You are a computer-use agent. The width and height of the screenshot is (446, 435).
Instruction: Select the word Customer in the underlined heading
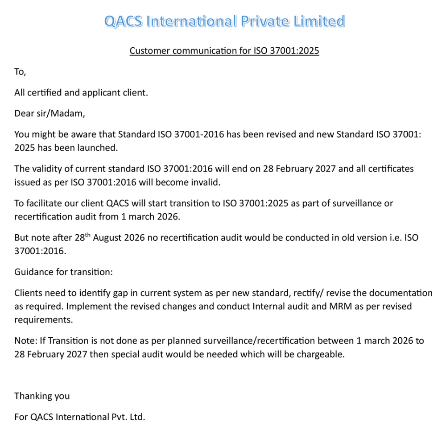[x=149, y=51]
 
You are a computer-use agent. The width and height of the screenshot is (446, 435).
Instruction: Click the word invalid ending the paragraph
[x=208, y=182]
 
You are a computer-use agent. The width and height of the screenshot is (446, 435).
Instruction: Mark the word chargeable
[x=322, y=354]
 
